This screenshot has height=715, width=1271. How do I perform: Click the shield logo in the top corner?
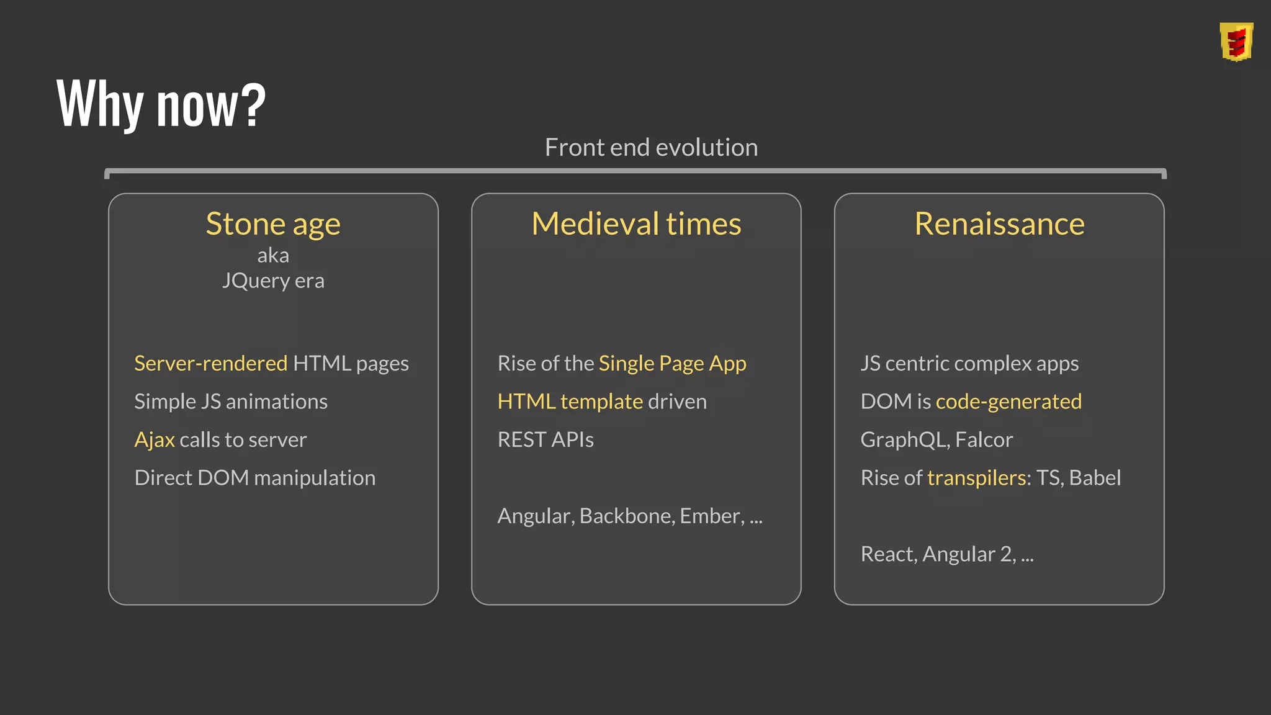point(1236,42)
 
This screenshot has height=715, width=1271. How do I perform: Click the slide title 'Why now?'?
point(161,104)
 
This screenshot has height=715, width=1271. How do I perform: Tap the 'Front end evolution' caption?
point(651,148)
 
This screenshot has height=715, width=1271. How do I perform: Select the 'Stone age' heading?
point(273,224)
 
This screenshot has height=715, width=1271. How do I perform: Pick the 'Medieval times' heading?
point(636,224)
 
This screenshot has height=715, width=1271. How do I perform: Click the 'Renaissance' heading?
point(999,224)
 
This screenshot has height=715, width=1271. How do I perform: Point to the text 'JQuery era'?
point(273,281)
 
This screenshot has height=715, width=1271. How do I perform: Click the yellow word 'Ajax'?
point(155,439)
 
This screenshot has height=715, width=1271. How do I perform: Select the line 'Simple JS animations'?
point(231,402)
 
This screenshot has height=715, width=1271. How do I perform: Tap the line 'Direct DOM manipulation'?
point(255,478)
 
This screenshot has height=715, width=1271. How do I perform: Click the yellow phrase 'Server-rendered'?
point(211,363)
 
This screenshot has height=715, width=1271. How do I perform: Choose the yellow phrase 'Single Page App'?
point(672,363)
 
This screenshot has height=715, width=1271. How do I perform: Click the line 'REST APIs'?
point(546,439)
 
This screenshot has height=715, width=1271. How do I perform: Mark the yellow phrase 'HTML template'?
point(570,402)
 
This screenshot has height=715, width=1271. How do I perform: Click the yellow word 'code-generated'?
point(1008,402)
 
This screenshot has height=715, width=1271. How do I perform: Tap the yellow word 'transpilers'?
point(976,478)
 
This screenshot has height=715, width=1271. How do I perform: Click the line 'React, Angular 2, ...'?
point(947,554)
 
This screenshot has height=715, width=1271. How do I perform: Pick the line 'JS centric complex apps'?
point(969,363)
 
